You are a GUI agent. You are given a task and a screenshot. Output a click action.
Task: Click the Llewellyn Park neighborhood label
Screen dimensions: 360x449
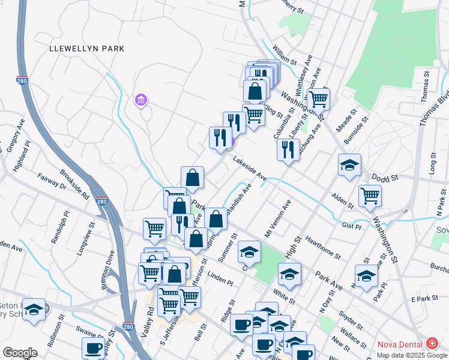(87, 48)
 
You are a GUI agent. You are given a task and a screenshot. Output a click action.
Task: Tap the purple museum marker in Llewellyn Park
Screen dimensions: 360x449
(141, 100)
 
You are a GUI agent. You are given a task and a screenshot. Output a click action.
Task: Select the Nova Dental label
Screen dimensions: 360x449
(400, 344)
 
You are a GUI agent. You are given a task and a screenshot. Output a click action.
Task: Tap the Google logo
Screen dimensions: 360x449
(20, 353)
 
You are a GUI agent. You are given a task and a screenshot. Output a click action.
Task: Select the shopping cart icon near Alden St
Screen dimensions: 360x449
(370, 195)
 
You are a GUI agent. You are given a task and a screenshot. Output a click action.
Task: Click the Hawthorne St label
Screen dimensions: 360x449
(323, 247)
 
